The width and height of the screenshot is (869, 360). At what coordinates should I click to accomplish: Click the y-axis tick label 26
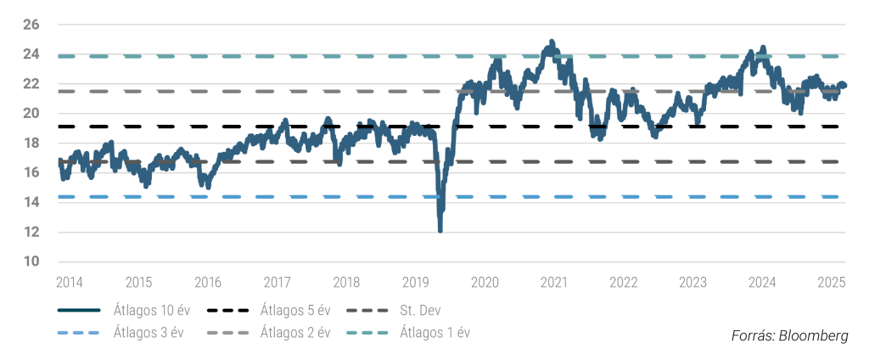(31, 25)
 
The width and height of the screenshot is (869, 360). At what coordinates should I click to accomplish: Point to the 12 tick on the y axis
(31, 232)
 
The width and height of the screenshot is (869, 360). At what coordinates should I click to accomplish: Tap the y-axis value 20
(31, 114)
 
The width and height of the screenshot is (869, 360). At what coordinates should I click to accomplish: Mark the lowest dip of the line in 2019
(440, 229)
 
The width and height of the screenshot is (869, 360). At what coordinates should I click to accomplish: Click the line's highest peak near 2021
(552, 41)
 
